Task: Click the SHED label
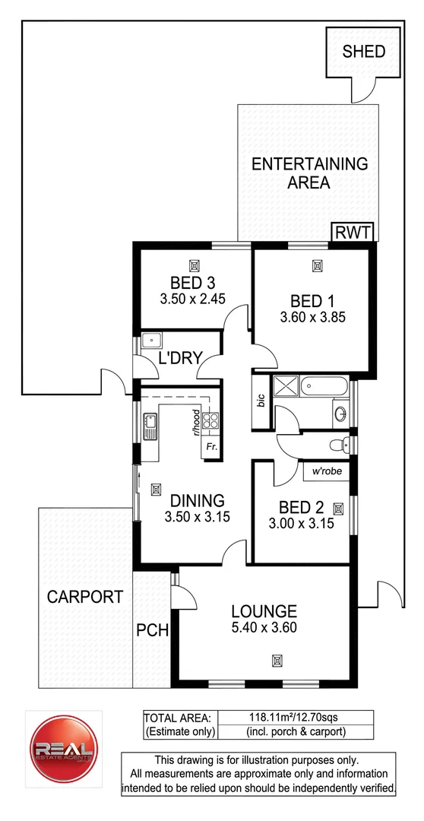tap(364, 52)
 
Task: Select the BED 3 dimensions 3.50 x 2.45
tap(195, 299)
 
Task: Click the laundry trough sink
tap(152, 342)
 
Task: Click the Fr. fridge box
tap(210, 447)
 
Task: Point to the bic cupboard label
tap(261, 401)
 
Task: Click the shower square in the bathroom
tap(286, 388)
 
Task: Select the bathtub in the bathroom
tap(325, 388)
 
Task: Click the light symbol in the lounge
tap(277, 660)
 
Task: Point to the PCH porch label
tap(152, 631)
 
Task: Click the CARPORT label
tap(84, 597)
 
